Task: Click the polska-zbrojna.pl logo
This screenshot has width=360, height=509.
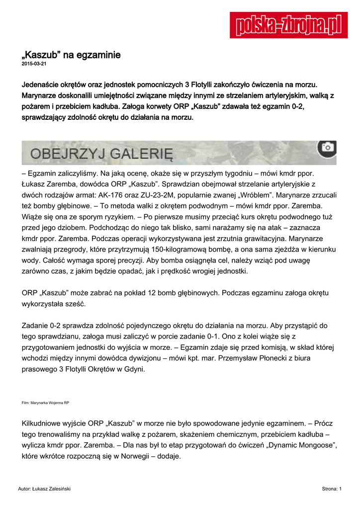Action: pos(288,25)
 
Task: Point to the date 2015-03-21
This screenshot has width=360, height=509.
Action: pos(34,64)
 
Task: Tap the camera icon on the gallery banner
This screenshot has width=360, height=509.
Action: pos(327,147)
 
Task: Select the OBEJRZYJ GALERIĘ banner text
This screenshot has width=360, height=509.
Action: pos(101,153)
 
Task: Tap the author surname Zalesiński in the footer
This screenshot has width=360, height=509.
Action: pos(56,489)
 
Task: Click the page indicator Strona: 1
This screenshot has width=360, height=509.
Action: pos(332,489)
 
